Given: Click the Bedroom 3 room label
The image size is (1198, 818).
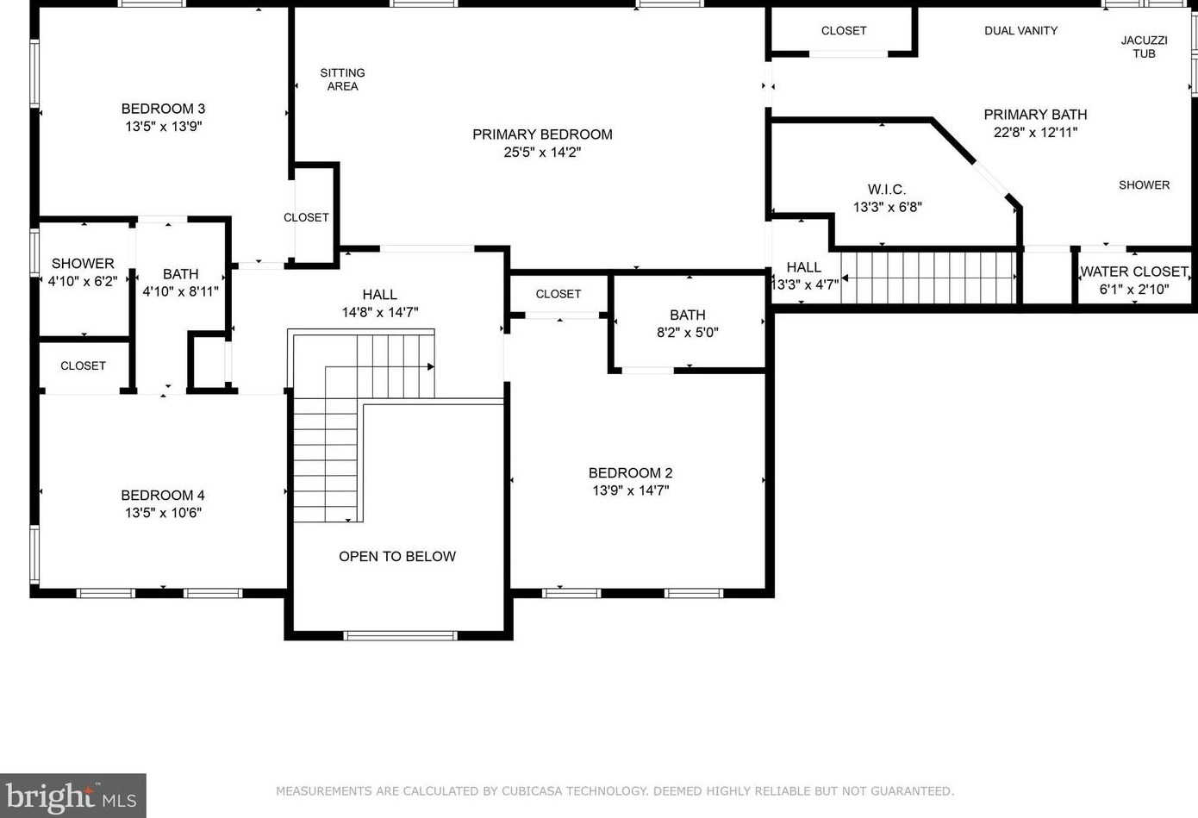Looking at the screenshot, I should [163, 109].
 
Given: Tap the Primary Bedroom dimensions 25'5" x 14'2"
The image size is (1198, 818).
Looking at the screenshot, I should [542, 153].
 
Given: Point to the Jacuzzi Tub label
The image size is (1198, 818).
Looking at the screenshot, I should [1144, 47].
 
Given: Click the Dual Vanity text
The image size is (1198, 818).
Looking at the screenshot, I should [1020, 31].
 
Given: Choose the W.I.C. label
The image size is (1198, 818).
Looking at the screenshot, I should [886, 190].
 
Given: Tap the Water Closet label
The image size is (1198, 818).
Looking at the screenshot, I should [1133, 272].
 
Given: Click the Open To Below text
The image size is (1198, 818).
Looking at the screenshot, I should [396, 557].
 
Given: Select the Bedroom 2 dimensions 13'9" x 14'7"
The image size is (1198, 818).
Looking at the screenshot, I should [630, 490].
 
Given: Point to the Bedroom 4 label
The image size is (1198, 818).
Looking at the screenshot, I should [163, 496].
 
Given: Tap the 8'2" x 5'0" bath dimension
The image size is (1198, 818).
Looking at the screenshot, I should [687, 333].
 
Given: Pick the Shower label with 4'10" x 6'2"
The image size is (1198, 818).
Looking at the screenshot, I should [83, 264].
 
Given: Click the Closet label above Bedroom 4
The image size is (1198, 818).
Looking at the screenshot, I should [83, 366].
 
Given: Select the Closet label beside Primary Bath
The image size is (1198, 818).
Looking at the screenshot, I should [843, 31].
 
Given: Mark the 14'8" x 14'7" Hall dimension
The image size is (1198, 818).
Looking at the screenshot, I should [379, 313].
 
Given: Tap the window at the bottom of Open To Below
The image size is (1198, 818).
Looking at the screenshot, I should [400, 636].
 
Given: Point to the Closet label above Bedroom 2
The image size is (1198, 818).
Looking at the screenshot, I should [558, 294].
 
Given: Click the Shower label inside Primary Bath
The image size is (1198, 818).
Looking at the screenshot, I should [1144, 185].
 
